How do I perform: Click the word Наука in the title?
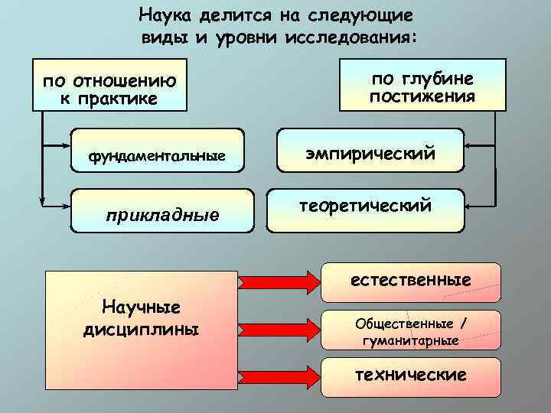click(x=164, y=15)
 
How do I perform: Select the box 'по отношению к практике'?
click(x=109, y=84)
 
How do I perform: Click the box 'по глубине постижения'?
click(x=422, y=84)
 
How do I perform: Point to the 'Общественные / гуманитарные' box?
click(x=410, y=331)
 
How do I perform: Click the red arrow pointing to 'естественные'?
click(x=280, y=281)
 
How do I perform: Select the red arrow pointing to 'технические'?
click(x=280, y=377)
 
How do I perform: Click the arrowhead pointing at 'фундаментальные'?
click(x=66, y=143)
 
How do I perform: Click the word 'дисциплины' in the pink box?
click(x=141, y=330)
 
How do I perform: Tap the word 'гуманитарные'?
click(x=410, y=340)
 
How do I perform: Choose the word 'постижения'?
click(x=422, y=97)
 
